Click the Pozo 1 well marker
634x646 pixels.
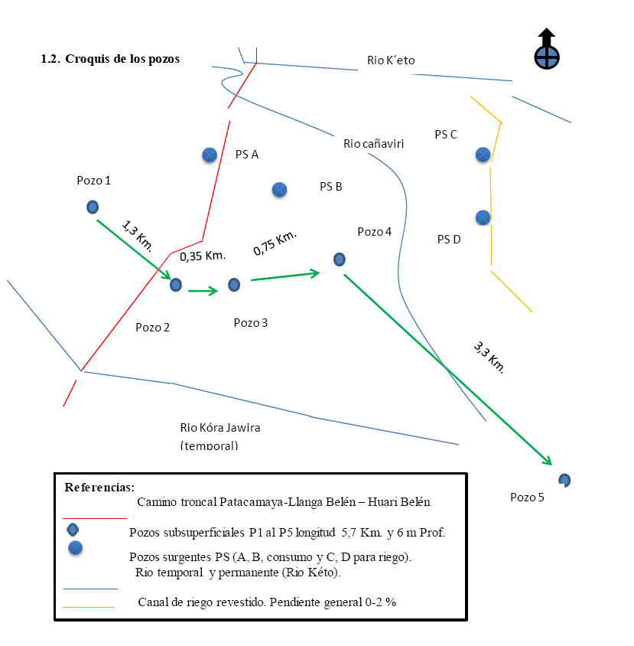point(93,207)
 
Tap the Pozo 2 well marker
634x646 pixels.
point(176,285)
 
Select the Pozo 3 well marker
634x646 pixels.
point(234,285)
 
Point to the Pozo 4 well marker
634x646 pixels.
point(340,259)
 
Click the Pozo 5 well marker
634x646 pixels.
point(564,480)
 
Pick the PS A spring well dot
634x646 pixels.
point(209,155)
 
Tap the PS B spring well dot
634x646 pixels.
point(279,189)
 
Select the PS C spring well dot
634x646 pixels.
point(483,155)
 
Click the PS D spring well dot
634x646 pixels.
point(483,217)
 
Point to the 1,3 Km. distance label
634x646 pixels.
point(138,235)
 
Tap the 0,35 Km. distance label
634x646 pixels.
point(202,255)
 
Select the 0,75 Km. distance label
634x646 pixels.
point(275,242)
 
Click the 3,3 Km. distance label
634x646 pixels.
point(489,357)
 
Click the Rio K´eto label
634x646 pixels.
point(391,60)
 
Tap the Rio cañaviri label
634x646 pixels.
point(373,143)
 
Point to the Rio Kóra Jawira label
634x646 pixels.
point(220,428)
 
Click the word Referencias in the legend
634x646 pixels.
point(99,487)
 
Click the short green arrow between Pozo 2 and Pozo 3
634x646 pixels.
point(203,290)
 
